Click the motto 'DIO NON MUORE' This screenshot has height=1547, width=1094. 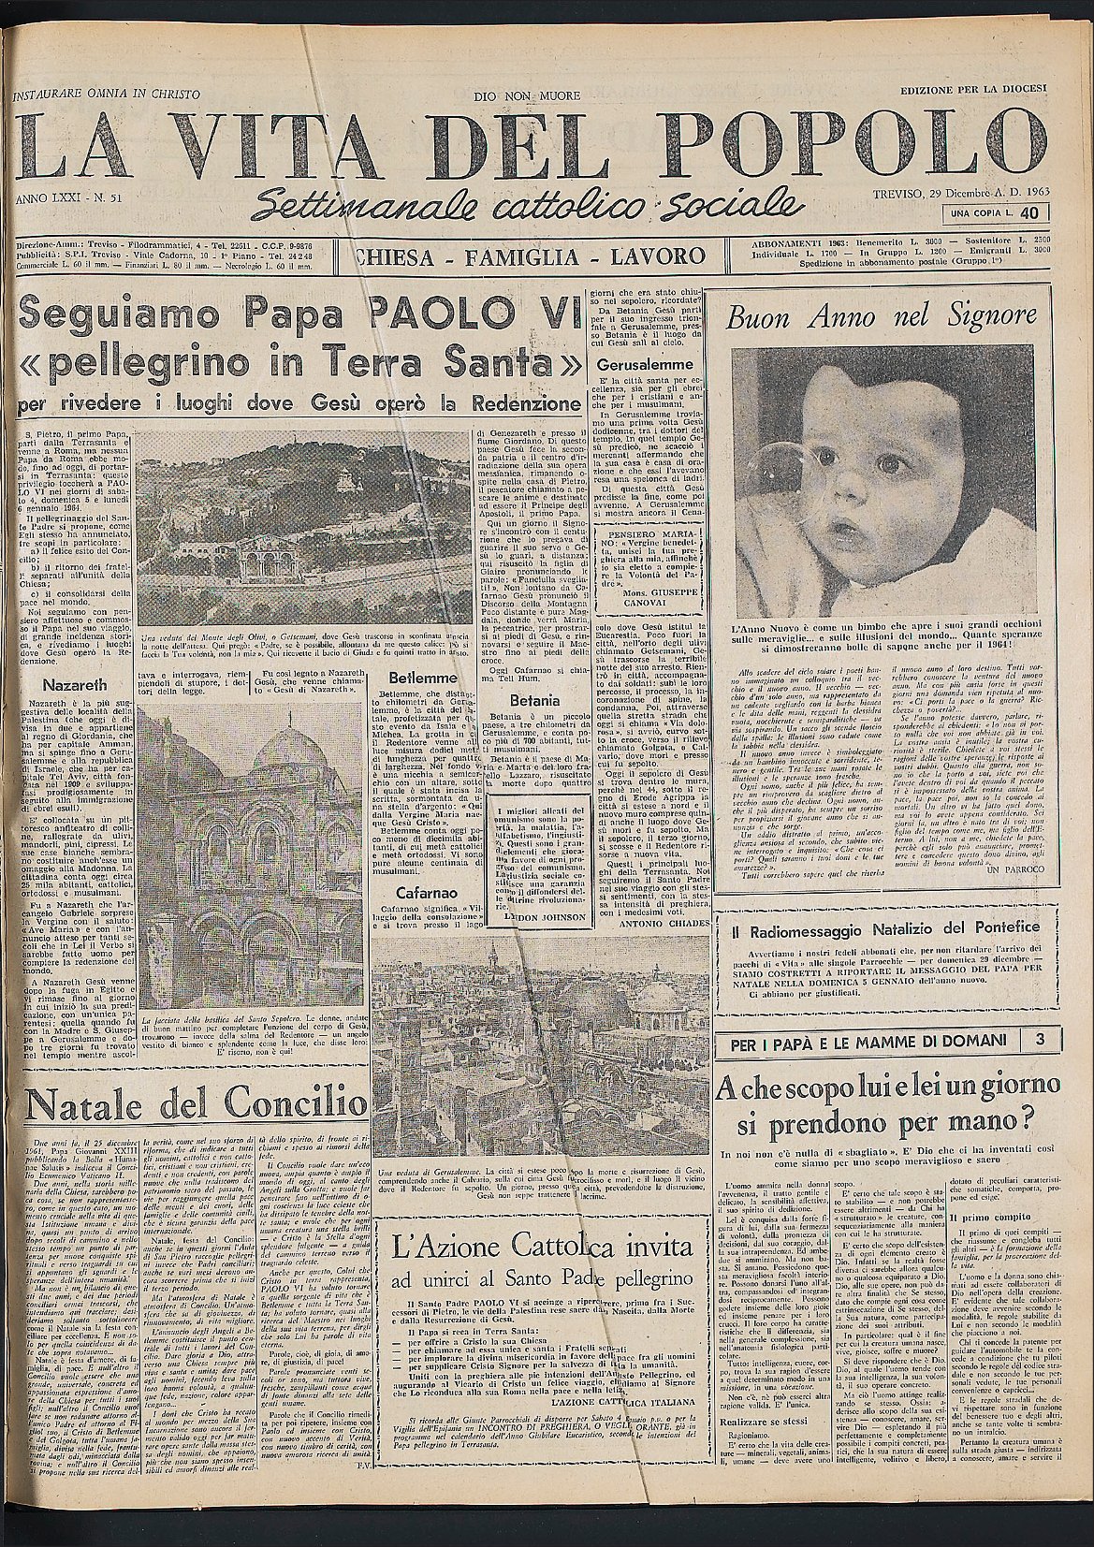pos(527,96)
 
